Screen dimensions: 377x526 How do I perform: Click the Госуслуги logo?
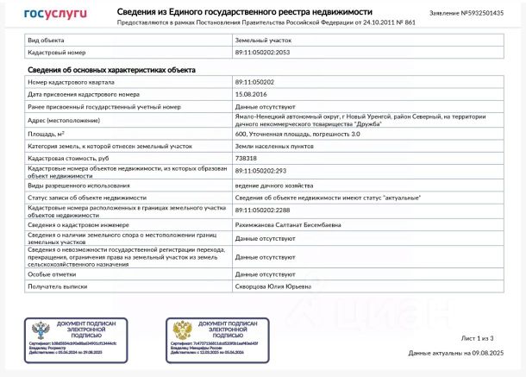tap(55, 14)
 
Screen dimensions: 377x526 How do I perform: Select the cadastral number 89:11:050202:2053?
tap(262, 53)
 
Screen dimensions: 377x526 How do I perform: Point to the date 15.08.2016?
tap(249, 93)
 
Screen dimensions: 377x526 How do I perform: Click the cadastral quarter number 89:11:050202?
tap(256, 81)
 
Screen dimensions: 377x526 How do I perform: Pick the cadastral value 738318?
tap(246, 159)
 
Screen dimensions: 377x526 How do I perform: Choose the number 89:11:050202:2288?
tap(262, 210)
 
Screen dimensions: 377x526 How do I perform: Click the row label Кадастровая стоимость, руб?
tap(68, 159)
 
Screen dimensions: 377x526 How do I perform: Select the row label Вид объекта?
tap(45, 41)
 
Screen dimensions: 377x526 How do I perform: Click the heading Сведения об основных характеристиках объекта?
tap(111, 69)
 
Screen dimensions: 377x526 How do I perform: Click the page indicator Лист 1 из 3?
tap(478, 338)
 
